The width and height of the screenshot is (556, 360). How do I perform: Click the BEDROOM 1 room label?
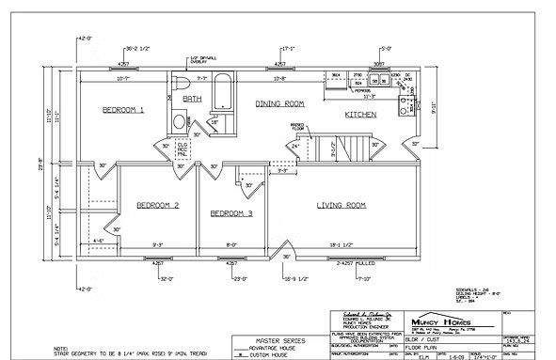122,111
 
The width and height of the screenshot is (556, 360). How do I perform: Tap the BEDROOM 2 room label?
158,205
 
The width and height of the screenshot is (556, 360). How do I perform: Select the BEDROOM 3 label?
230,213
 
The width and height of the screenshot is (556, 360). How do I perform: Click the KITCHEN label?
359,114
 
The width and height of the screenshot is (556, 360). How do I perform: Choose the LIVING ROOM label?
341,203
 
